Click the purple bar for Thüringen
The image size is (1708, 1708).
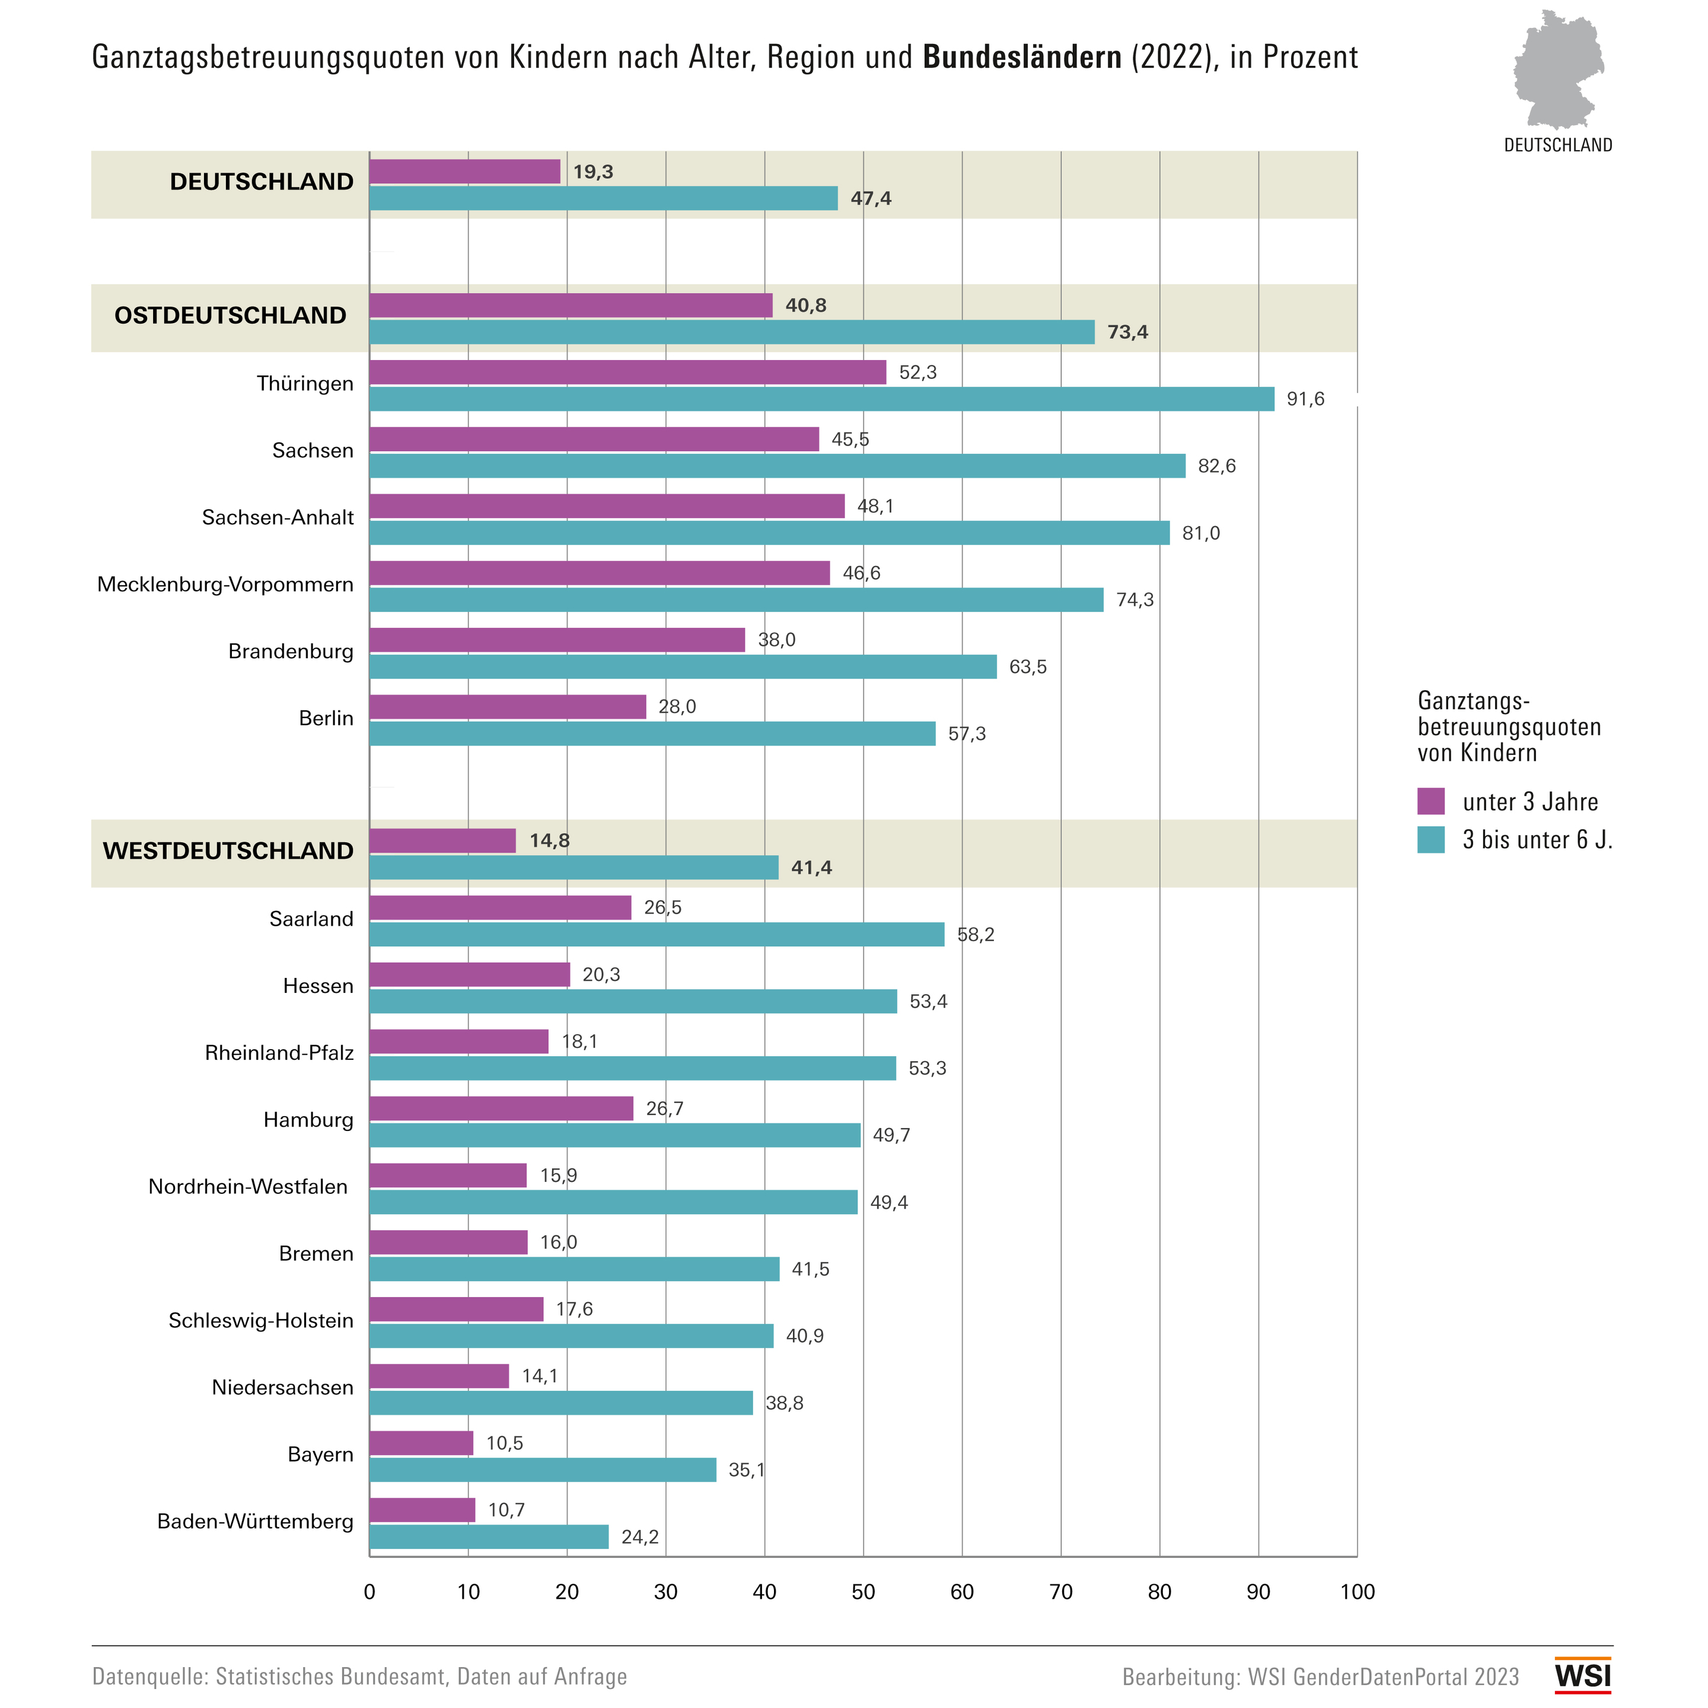(x=627, y=372)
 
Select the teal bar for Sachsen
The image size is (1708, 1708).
(x=777, y=466)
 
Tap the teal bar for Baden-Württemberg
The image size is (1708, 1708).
(x=489, y=1537)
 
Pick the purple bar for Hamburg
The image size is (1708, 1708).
(x=501, y=1108)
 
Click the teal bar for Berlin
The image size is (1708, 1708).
(x=652, y=734)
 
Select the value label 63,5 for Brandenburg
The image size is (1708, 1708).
(x=1028, y=667)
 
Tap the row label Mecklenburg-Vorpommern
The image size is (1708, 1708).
(x=225, y=584)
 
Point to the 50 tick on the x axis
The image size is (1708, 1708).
(x=863, y=1592)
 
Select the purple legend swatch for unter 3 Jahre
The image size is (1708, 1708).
(x=1431, y=801)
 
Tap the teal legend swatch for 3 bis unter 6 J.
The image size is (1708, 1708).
(x=1431, y=839)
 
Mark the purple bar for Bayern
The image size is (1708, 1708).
(x=422, y=1443)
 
